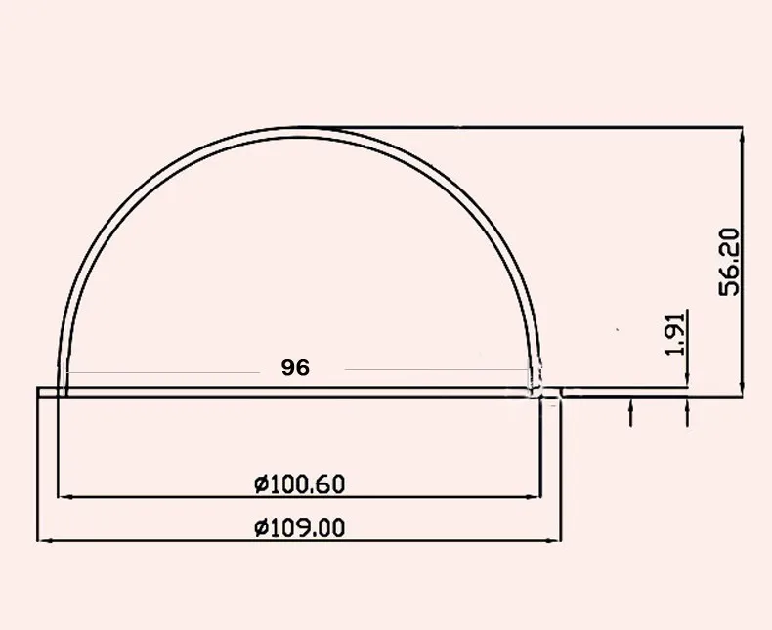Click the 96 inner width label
[294, 368]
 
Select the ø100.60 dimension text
[299, 483]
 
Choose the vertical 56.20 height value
[730, 261]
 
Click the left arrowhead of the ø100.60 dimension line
[64, 497]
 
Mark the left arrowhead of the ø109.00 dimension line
[44, 540]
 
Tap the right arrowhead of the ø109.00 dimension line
[556, 540]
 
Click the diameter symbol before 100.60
[260, 483]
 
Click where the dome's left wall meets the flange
[62, 387]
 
